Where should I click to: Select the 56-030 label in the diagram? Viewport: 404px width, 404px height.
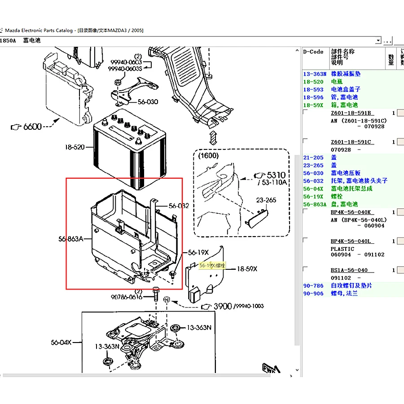[x=148, y=102]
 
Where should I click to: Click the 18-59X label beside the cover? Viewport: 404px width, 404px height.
[x=247, y=269]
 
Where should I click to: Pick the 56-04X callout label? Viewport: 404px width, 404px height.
[x=61, y=343]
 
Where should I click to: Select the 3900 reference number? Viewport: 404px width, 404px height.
[x=223, y=306]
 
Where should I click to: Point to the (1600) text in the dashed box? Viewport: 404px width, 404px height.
[x=208, y=156]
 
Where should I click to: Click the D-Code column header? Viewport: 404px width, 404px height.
[x=313, y=52]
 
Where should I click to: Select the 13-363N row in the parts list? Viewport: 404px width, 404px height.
[x=313, y=74]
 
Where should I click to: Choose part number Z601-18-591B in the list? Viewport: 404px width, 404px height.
[x=351, y=113]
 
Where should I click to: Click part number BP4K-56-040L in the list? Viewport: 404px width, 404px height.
[x=351, y=241]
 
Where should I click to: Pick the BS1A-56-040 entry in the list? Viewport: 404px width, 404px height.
[x=349, y=270]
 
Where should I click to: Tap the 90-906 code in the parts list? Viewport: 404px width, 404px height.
[x=313, y=294]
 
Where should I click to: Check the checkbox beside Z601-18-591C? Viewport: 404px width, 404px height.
[x=305, y=141]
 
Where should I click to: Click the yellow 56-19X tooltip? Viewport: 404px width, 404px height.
[x=212, y=265]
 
